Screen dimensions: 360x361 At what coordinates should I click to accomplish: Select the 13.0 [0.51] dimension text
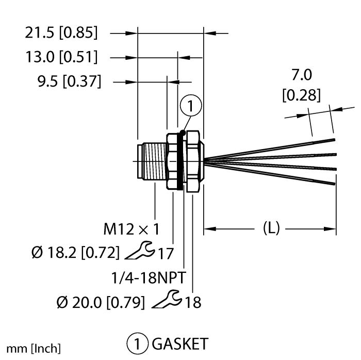tap(61, 57)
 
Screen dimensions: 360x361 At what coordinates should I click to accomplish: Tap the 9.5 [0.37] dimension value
tap(69, 81)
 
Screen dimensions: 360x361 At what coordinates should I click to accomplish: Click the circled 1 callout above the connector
tap(191, 107)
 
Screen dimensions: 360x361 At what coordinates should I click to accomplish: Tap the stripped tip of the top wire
tap(324, 140)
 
